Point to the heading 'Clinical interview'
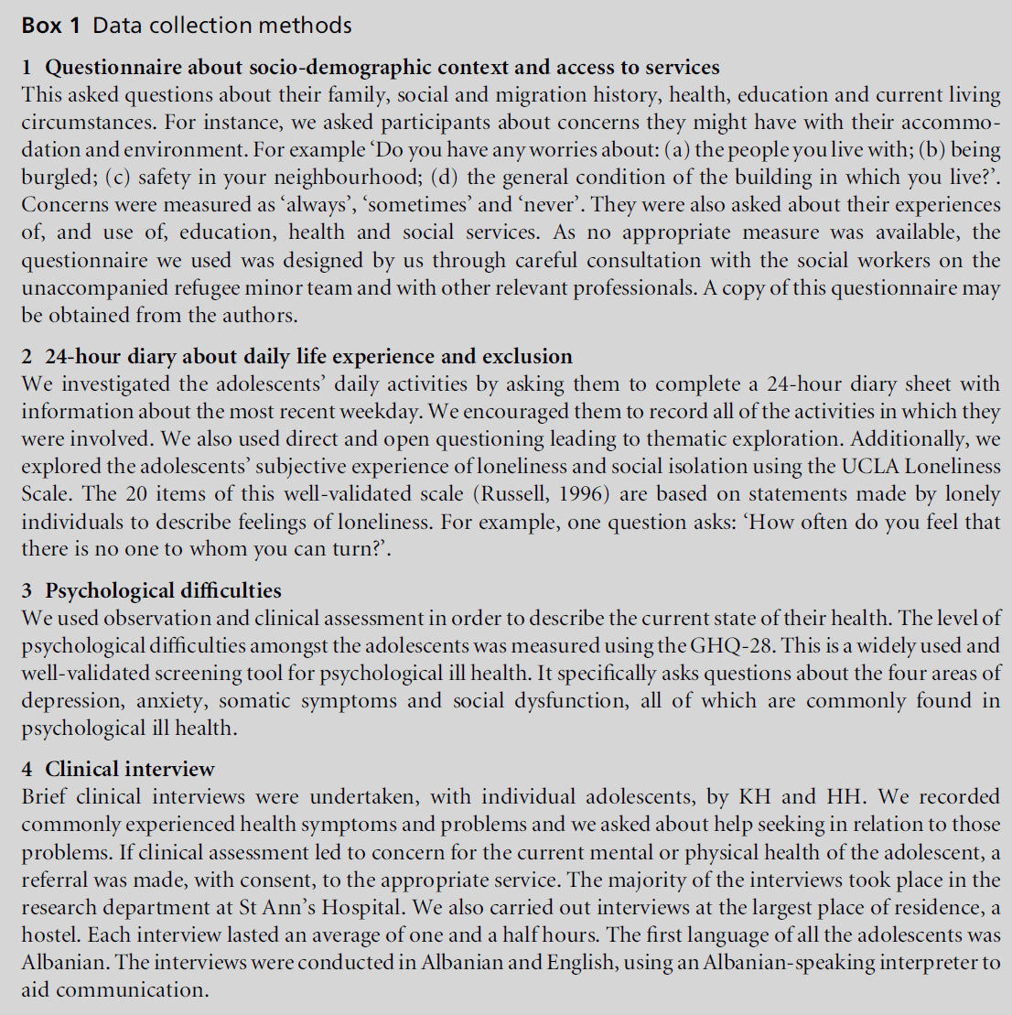[x=130, y=769]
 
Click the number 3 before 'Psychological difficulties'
[x=27, y=590]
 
